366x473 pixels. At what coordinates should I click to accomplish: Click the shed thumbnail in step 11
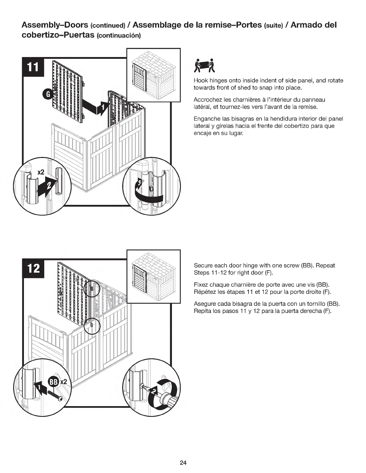[154, 75]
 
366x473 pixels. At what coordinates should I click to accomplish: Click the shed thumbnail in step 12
[154, 276]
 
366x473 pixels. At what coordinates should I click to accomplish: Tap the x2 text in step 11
[41, 172]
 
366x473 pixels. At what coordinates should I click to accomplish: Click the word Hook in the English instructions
[200, 81]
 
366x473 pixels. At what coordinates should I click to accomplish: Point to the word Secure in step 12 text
[203, 265]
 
